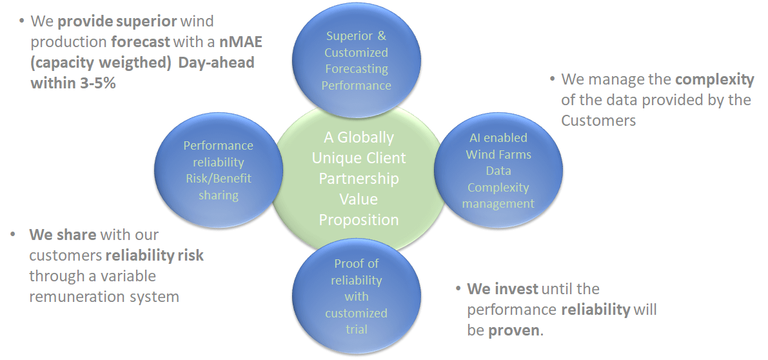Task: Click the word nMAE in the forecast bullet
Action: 241,42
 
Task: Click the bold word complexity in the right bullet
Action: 714,80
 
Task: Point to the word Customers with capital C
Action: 598,121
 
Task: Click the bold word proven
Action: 514,330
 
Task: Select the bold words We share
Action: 63,235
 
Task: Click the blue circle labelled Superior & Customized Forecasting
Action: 356,60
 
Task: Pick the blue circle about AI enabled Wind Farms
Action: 498,170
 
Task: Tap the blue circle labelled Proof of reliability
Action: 356,296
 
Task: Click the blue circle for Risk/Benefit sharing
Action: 219,170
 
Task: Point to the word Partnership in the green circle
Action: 359,179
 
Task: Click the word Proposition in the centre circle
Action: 359,220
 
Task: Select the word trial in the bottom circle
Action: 356,330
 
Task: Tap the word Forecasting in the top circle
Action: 357,69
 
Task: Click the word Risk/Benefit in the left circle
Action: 219,179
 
